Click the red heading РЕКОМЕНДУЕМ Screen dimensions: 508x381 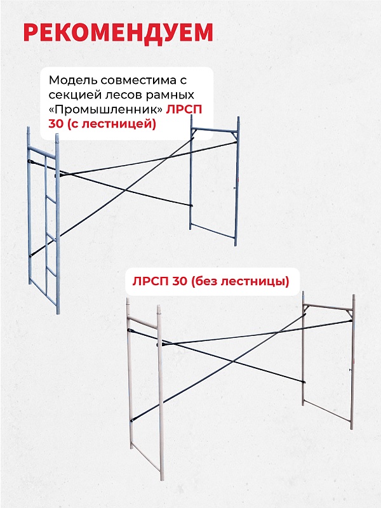coord(118,32)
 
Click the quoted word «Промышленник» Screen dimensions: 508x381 coord(105,110)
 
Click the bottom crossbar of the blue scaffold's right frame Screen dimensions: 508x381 coord(213,234)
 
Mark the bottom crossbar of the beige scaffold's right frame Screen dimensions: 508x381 coord(326,414)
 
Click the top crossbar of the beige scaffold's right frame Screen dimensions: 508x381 coord(328,307)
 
